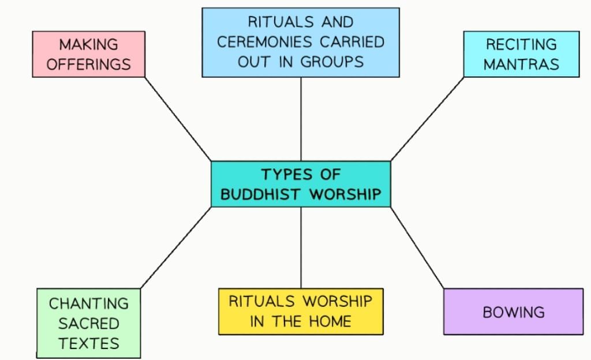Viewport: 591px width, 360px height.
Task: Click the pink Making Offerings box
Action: tap(89, 54)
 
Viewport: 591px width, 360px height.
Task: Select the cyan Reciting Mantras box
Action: tap(521, 54)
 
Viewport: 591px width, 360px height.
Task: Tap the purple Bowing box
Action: tap(513, 312)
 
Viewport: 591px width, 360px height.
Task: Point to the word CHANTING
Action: tap(88, 303)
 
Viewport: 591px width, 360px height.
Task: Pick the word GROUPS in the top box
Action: tap(332, 62)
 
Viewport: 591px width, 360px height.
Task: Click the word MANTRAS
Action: tap(521, 64)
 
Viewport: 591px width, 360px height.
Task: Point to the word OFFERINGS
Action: tap(88, 64)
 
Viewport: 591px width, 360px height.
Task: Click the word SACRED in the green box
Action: tap(88, 322)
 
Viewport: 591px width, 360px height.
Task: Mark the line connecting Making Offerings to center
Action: tap(178, 119)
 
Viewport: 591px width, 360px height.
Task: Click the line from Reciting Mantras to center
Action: tap(427, 119)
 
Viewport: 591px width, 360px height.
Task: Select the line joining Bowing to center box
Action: tap(417, 247)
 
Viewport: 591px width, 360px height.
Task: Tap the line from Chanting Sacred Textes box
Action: tap(176, 247)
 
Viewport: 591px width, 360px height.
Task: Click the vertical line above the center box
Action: tap(301, 119)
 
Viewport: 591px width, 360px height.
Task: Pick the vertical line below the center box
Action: tap(301, 247)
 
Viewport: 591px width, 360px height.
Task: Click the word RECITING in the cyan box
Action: tap(521, 44)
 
